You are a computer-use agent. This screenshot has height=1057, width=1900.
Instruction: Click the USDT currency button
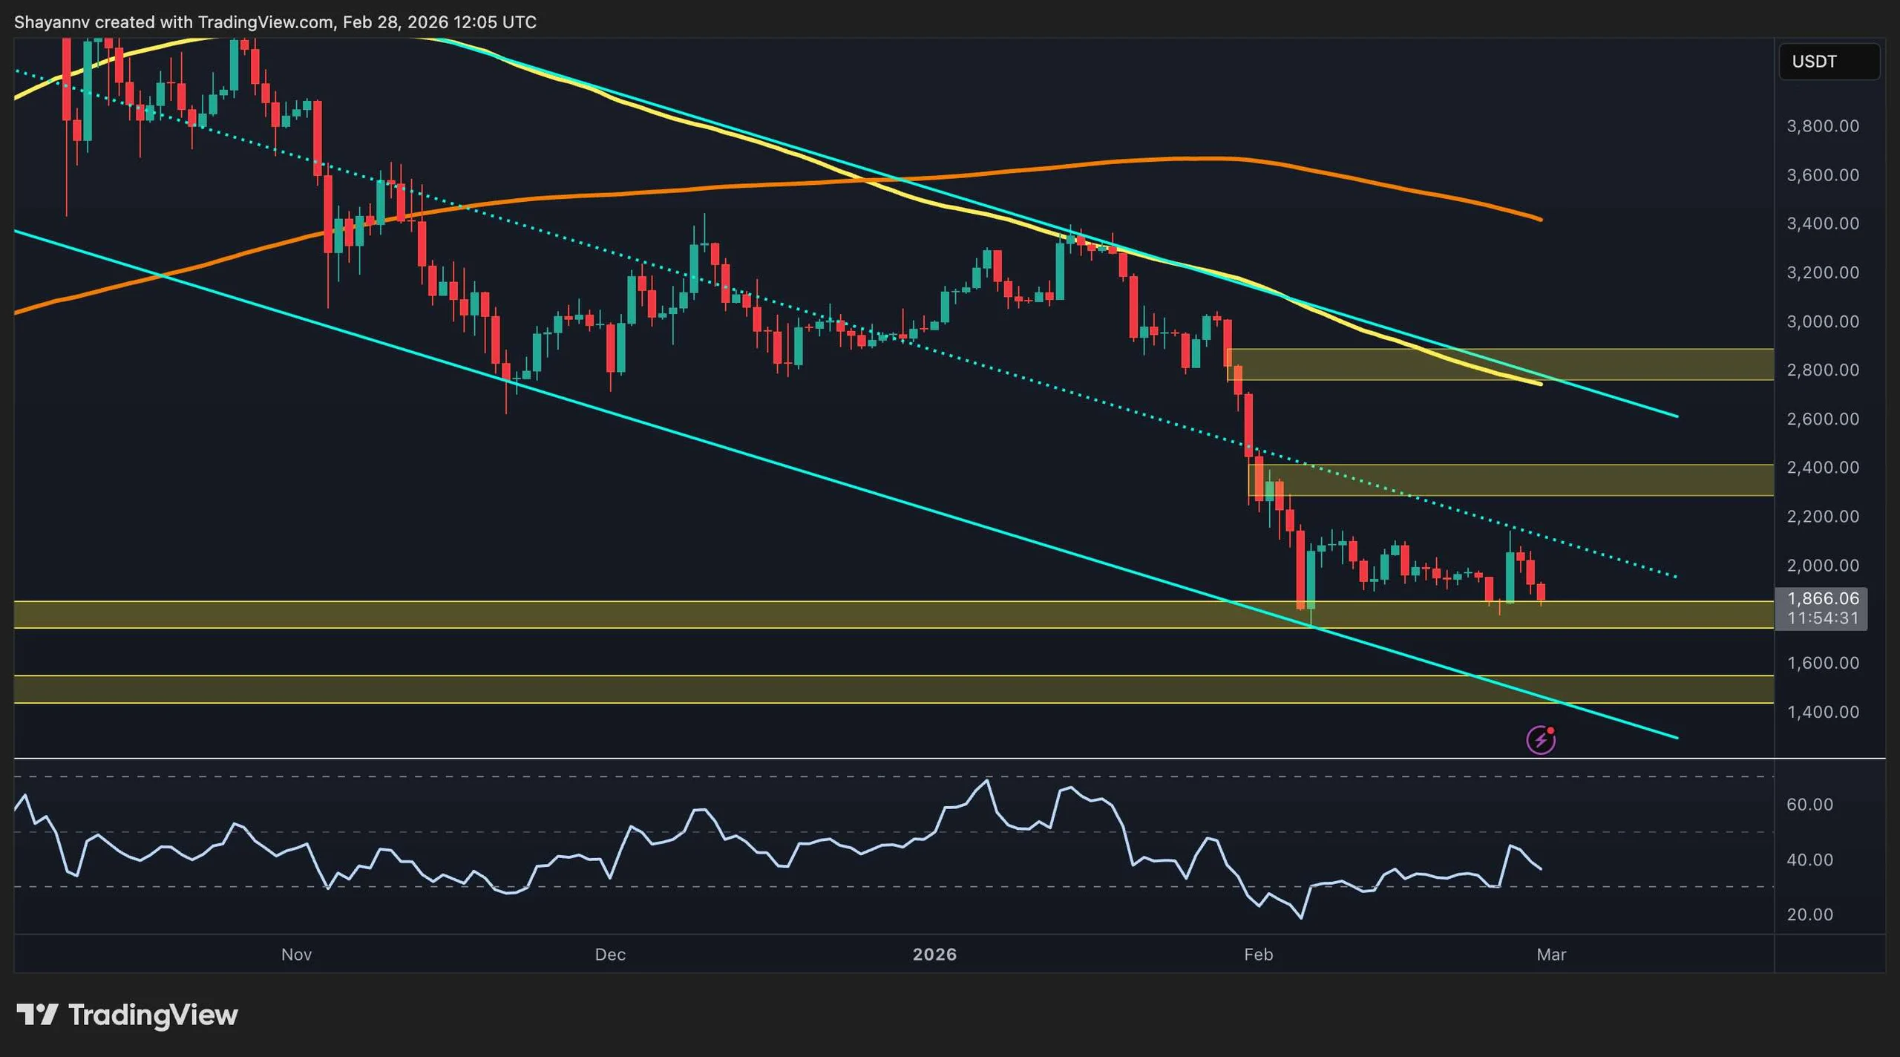pos(1829,62)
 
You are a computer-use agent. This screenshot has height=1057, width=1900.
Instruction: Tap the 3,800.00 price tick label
pos(1823,126)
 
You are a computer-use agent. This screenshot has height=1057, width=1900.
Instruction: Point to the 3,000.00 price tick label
pos(1823,321)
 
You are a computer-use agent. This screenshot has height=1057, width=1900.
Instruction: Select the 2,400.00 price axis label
pos(1823,468)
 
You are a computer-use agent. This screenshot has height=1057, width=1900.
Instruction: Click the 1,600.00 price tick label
pos(1823,663)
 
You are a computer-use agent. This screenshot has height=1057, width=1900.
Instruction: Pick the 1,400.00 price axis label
pos(1823,713)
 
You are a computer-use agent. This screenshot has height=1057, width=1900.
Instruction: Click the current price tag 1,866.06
pos(1823,598)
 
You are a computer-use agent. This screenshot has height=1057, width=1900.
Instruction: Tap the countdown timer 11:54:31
pos(1823,618)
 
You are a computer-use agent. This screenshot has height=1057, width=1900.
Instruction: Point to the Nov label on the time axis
pos(296,955)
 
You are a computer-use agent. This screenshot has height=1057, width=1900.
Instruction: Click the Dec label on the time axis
pos(610,955)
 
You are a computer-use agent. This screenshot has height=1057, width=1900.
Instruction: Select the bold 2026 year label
pos(934,955)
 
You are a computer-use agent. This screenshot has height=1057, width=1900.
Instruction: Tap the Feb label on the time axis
pos(1259,955)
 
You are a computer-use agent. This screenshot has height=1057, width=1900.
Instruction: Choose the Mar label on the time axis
pos(1551,955)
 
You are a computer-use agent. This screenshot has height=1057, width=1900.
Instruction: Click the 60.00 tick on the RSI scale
pos(1809,805)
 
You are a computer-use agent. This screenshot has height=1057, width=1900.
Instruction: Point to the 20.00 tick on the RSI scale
pos(1809,914)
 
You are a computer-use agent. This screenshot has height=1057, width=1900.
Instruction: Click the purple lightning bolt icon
pos(1541,740)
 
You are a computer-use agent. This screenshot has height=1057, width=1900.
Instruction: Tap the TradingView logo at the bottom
pos(128,1015)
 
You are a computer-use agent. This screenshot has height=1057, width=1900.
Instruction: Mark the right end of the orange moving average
pos(1541,220)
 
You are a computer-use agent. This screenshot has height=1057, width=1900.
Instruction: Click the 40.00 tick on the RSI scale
pos(1809,860)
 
